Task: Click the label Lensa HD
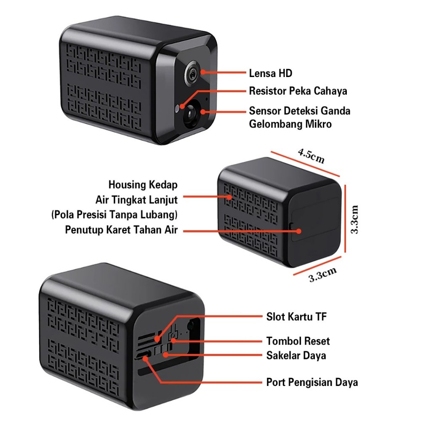point(270,74)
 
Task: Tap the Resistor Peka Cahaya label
point(298,91)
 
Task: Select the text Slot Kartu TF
point(296,317)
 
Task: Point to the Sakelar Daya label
point(296,355)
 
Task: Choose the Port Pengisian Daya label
point(312,382)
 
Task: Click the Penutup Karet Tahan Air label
point(122,230)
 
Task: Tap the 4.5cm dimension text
point(311,156)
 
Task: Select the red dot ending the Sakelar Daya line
point(166,354)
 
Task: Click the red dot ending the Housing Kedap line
point(230,197)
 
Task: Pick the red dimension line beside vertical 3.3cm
point(345,219)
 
